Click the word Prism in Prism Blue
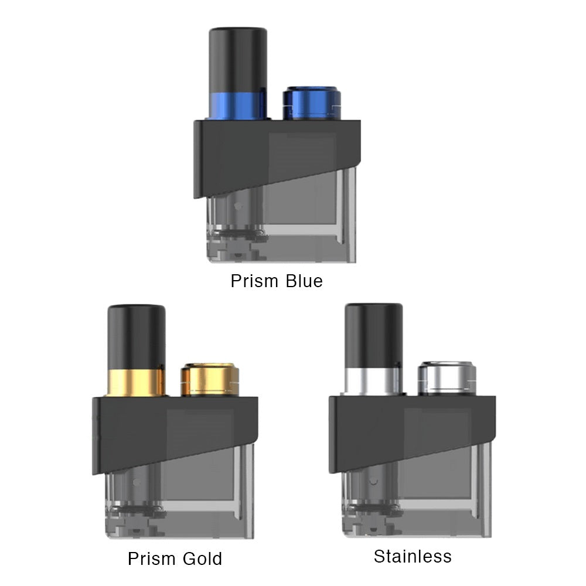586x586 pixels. click(x=254, y=281)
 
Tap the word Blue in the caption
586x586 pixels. click(x=304, y=281)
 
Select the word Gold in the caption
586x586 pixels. click(x=203, y=558)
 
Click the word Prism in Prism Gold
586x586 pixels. click(x=152, y=558)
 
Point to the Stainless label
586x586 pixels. click(x=413, y=556)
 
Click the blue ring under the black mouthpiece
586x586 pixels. click(x=238, y=105)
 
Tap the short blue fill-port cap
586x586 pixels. click(x=312, y=103)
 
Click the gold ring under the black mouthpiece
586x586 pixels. click(x=136, y=382)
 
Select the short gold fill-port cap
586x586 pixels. click(x=210, y=380)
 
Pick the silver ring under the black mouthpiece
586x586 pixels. click(x=373, y=380)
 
